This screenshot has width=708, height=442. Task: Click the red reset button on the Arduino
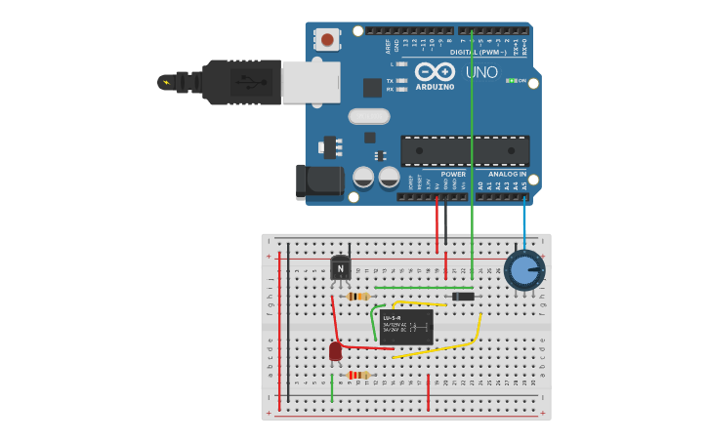[327, 40]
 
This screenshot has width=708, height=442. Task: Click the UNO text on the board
[480, 72]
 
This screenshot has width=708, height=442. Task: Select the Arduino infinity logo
[435, 71]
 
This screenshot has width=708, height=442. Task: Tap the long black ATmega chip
[465, 149]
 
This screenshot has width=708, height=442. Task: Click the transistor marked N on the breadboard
[340, 267]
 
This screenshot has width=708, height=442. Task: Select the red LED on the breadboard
[336, 351]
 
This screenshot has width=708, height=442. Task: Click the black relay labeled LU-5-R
[406, 327]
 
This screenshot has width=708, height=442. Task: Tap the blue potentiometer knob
[525, 270]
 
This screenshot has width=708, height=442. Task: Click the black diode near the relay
[463, 296]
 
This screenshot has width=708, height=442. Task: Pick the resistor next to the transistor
[357, 296]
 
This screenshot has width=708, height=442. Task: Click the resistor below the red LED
[357, 375]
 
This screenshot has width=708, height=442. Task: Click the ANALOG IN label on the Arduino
[507, 174]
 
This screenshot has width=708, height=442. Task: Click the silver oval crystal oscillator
[368, 116]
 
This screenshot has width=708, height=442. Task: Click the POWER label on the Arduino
[452, 174]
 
